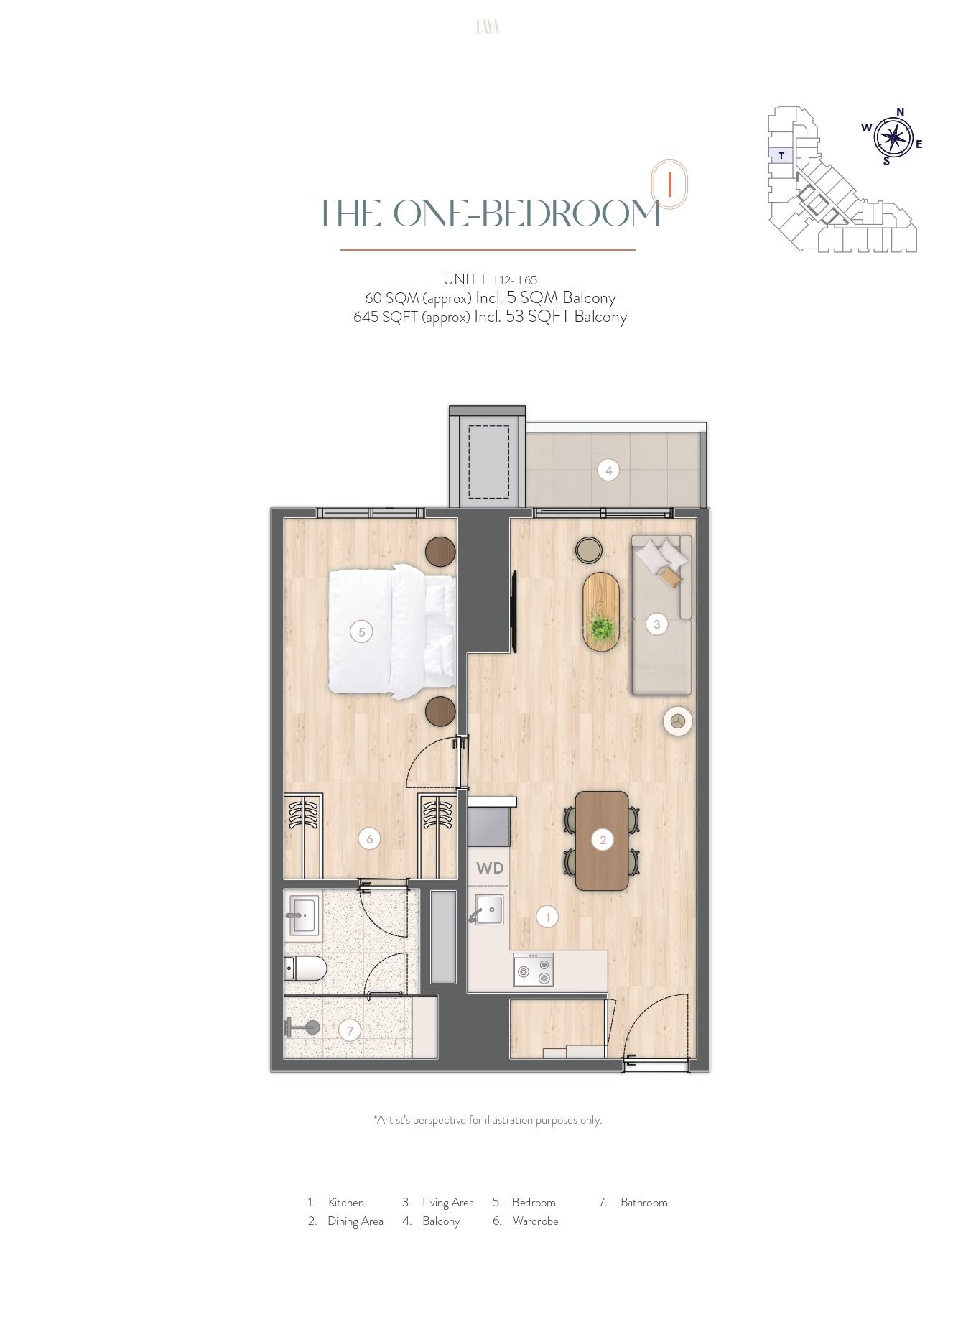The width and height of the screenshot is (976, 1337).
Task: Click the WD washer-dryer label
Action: tap(490, 868)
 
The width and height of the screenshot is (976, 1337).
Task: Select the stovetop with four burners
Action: tap(533, 970)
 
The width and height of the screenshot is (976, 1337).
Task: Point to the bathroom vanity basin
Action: tap(305, 916)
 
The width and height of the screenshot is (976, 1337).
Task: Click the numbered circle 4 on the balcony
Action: tap(608, 471)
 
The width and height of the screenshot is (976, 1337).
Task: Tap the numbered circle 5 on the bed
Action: tap(361, 632)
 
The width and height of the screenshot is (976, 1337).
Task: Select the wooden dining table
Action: tap(603, 841)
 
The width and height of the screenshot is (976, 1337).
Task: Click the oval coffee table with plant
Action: tap(600, 611)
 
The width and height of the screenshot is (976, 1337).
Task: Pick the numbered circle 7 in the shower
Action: tap(350, 1031)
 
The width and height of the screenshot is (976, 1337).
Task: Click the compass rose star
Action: tap(893, 137)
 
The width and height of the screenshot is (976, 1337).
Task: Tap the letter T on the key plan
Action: tap(781, 154)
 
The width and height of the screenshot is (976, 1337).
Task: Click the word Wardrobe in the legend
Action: tap(535, 1221)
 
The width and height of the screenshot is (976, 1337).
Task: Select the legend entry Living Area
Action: tap(438, 1202)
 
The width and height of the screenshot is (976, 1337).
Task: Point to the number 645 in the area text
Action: tap(366, 316)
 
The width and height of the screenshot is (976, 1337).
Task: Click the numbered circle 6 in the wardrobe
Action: tap(369, 838)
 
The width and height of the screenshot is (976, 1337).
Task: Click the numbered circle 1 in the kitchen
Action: tap(547, 917)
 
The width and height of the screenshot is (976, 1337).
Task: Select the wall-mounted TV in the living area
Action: tap(514, 612)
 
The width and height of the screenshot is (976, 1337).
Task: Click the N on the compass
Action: tap(900, 111)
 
